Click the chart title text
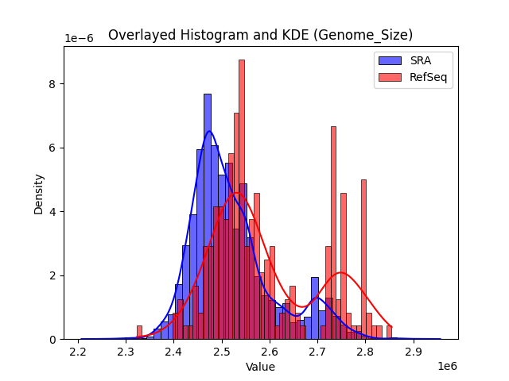tap(260, 35)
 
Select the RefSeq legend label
tap(427, 76)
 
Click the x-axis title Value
tap(260, 368)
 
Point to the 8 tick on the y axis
tap(52, 83)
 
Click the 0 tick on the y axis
tap(52, 340)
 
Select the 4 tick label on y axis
tap(52, 212)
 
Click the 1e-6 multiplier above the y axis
tap(79, 39)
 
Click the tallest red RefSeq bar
tap(242, 198)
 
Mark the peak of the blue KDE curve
tap(209, 131)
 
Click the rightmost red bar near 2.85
tap(389, 333)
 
